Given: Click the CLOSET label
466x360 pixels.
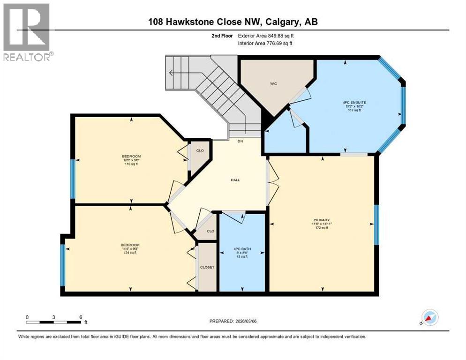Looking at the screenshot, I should pyautogui.click(x=207, y=267).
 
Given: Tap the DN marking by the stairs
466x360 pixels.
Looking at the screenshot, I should pyautogui.click(x=240, y=141).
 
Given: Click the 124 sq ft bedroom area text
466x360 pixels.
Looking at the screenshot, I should pyautogui.click(x=130, y=253).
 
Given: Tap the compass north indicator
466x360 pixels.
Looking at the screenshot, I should pyautogui.click(x=429, y=317).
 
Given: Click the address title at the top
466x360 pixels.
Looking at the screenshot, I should pyautogui.click(x=233, y=22).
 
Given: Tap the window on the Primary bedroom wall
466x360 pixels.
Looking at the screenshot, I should pyautogui.click(x=376, y=225).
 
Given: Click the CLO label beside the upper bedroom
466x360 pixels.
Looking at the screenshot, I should pyautogui.click(x=200, y=151).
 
